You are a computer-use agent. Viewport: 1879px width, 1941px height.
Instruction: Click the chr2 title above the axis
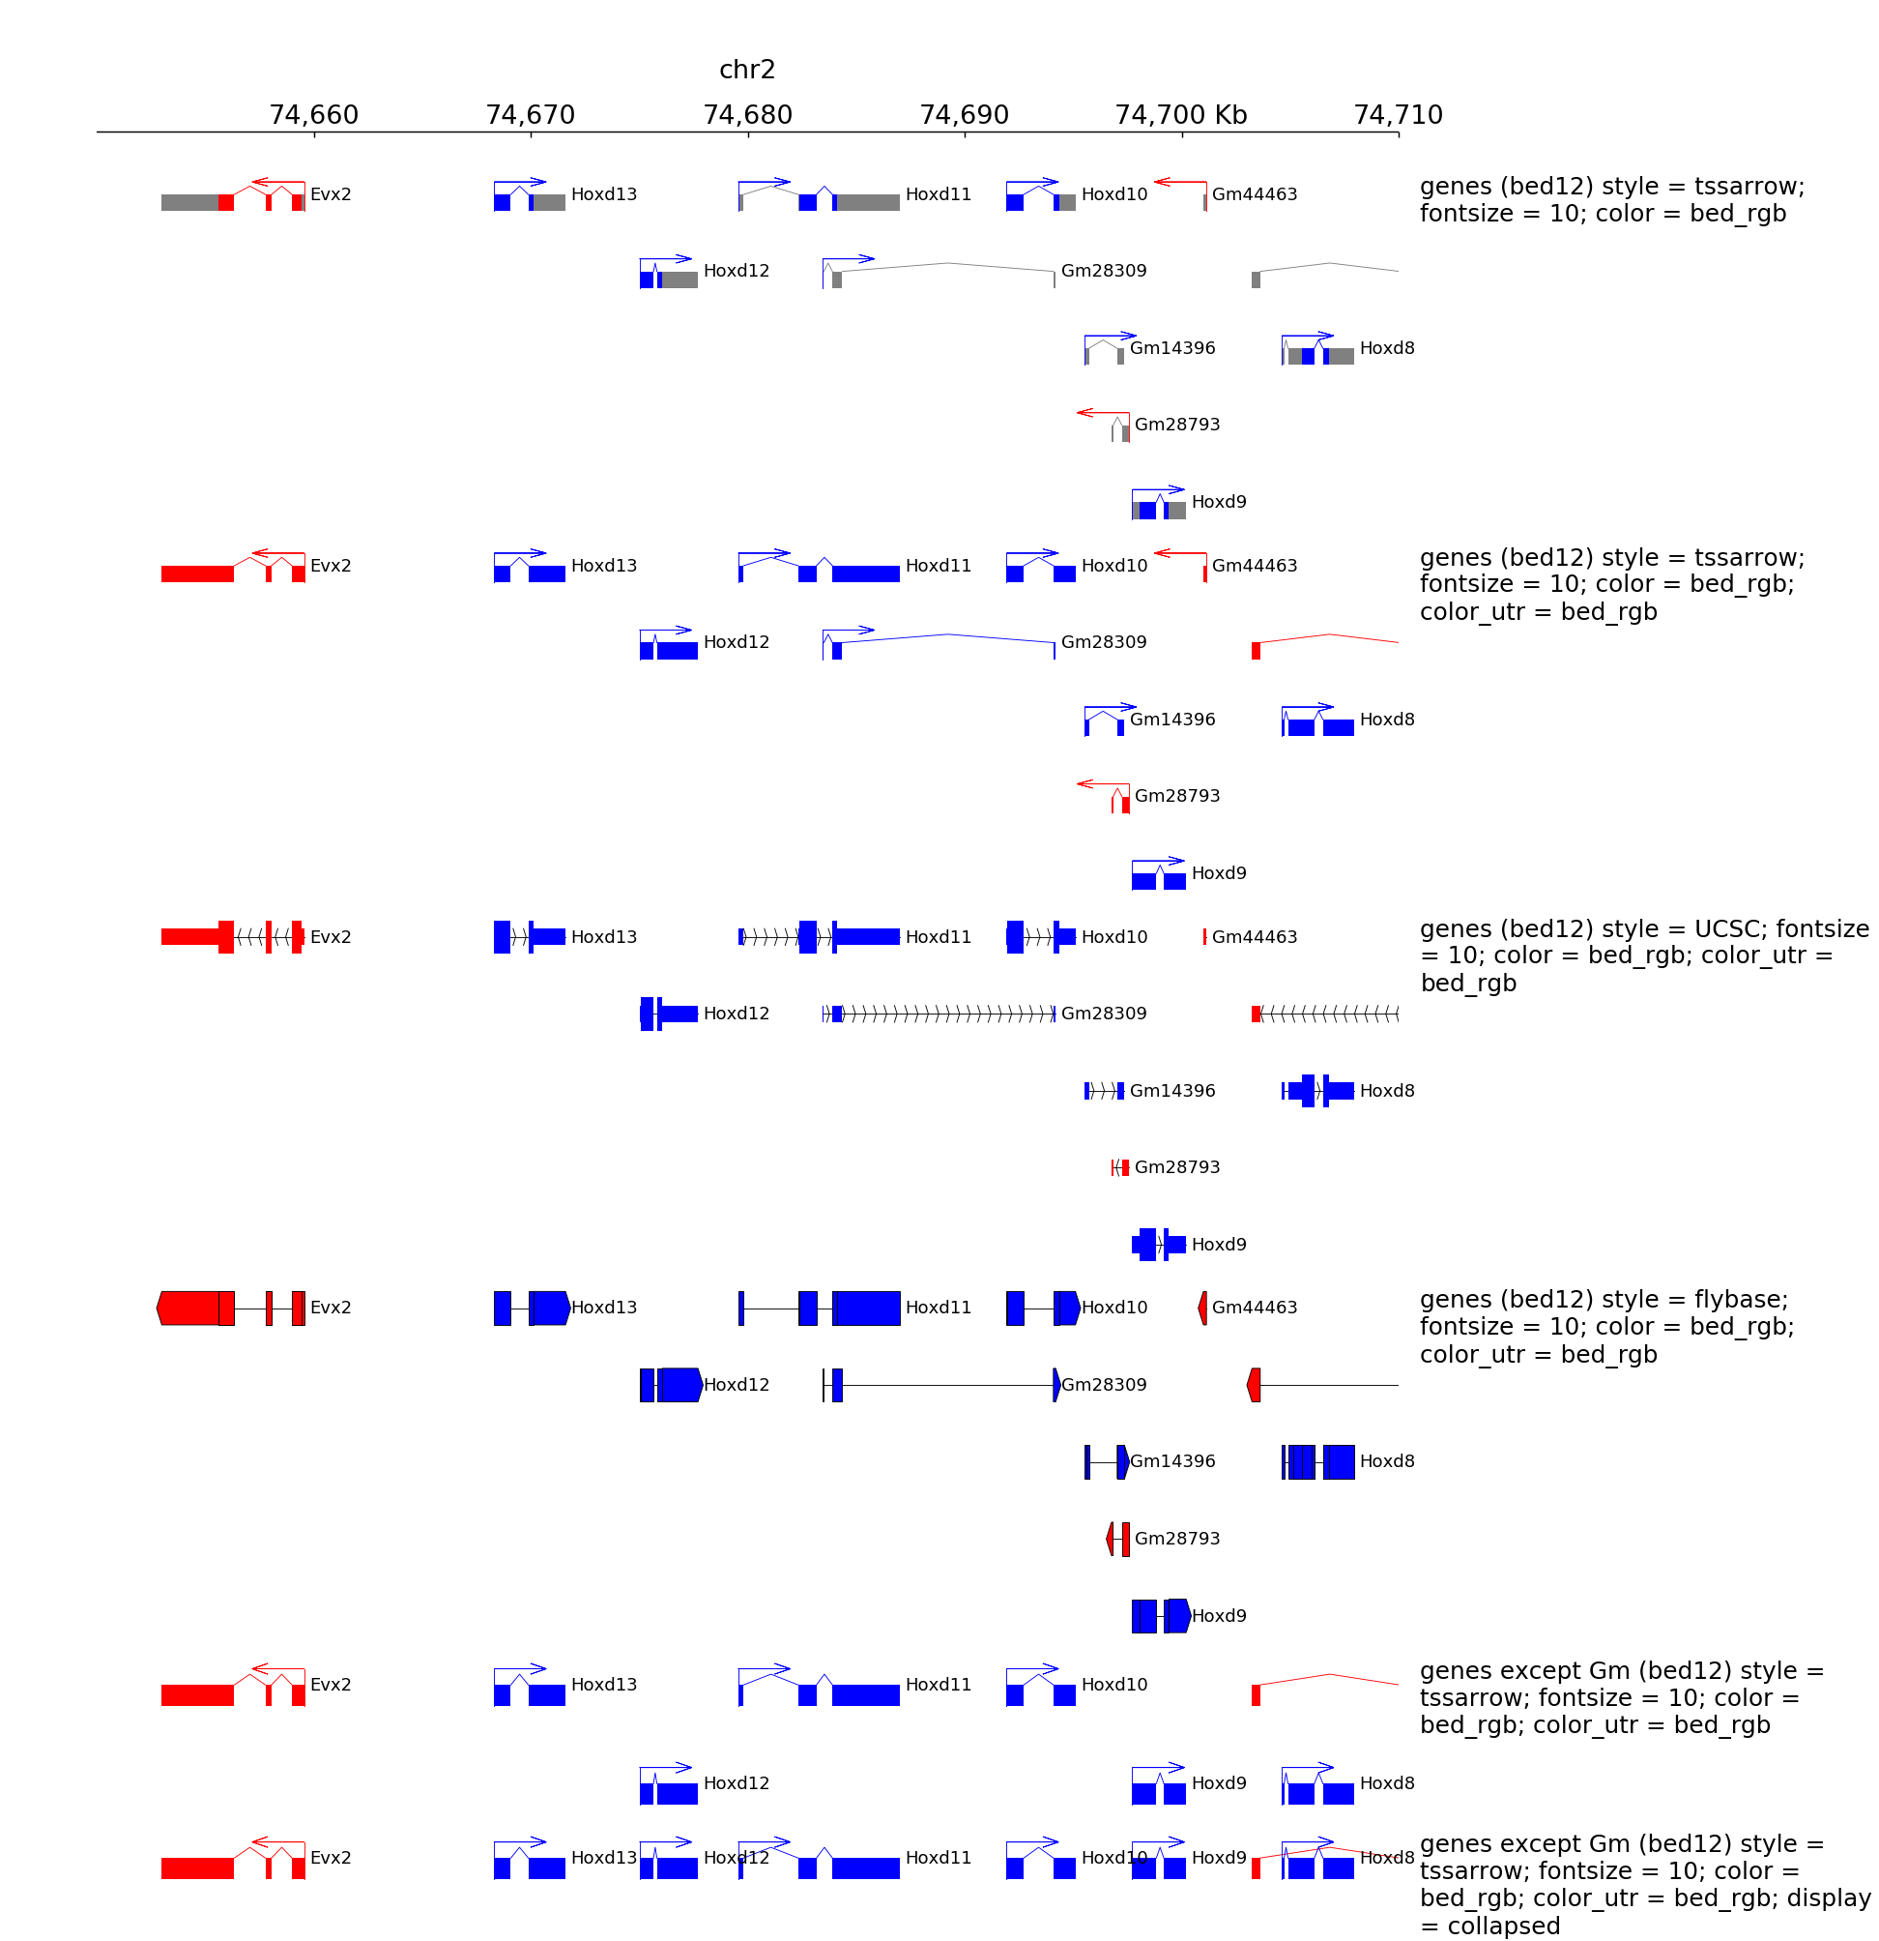coord(746,70)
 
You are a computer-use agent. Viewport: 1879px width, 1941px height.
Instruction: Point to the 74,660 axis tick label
coord(314,115)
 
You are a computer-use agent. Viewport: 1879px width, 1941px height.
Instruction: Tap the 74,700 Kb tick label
coord(1180,115)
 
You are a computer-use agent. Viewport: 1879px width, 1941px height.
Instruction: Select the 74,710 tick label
coord(1397,115)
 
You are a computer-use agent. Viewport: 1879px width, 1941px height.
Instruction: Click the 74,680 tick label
coord(747,115)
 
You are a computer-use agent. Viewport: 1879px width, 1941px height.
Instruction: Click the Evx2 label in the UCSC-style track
coord(330,937)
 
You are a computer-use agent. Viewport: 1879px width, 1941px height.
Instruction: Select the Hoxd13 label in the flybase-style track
coord(604,1308)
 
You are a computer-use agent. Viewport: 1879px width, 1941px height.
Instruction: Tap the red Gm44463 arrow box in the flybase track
coord(1201,1308)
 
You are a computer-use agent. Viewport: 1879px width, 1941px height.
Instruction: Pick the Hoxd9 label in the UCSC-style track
coord(1218,1244)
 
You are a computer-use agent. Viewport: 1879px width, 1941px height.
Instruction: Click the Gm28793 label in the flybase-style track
coord(1176,1538)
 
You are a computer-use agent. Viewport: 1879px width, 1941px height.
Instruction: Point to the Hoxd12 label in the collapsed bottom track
coord(736,1857)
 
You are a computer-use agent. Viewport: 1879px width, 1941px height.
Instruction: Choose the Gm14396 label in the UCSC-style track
coord(1172,1090)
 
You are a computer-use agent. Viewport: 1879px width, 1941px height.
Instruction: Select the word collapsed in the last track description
coord(1504,1926)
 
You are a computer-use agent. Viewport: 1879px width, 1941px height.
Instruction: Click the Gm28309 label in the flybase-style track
coord(1103,1385)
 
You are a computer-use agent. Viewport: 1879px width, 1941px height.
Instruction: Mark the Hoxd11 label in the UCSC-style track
coord(938,937)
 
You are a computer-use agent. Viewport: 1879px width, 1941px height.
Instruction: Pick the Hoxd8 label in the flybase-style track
coord(1386,1460)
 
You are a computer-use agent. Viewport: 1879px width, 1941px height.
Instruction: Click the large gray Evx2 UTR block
coord(190,202)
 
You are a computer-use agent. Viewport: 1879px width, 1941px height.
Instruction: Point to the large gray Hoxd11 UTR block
coord(867,202)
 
